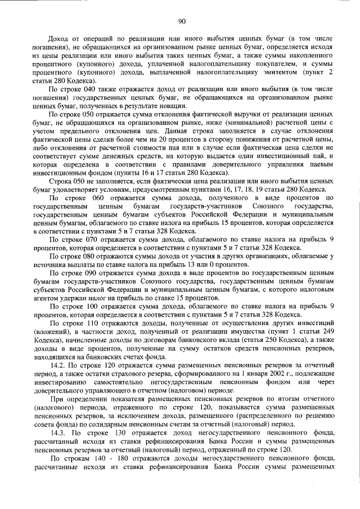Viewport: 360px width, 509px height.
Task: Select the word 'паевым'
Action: pos(322,163)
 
